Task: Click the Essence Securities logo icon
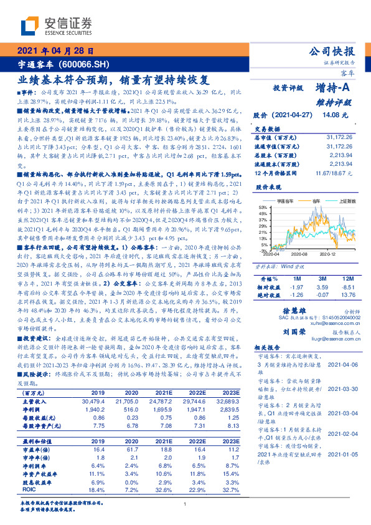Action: [x=31, y=26]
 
